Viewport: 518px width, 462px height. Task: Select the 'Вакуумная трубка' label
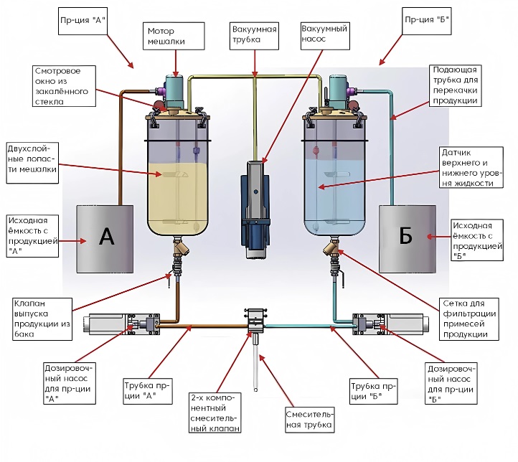[255, 37]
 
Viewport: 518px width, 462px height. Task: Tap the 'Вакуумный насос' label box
[324, 34]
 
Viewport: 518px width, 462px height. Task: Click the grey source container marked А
[105, 238]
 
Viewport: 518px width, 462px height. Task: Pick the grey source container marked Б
[407, 238]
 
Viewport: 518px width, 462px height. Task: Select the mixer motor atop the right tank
[336, 90]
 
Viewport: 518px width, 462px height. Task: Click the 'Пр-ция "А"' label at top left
[83, 20]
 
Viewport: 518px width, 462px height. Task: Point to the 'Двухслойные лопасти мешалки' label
[30, 163]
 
